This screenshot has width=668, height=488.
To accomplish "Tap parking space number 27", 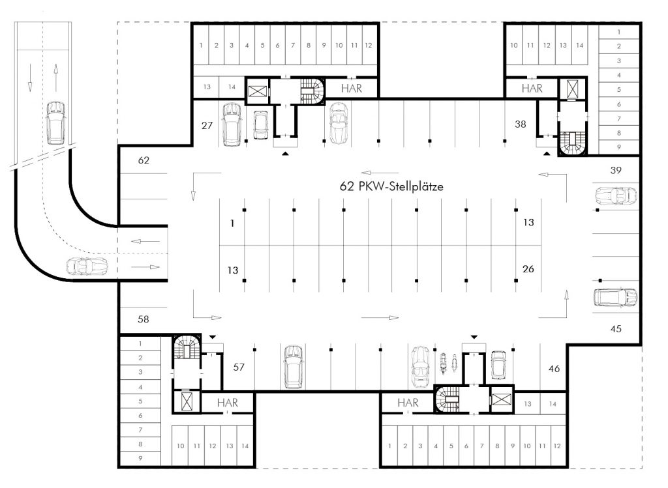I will coord(207,125).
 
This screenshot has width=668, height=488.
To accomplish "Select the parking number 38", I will coord(520,122).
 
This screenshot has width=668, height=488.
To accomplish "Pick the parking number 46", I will coord(554,369).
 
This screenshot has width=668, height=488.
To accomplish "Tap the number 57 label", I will coord(239,367).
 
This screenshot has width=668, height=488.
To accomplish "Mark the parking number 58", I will coord(144,319).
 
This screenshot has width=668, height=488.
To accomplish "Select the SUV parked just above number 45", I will coord(615,297).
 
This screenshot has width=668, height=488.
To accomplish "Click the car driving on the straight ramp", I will coord(55,122).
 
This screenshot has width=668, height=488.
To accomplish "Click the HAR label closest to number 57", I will coord(227,403).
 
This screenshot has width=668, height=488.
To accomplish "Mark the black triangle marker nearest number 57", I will coord(213,336).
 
